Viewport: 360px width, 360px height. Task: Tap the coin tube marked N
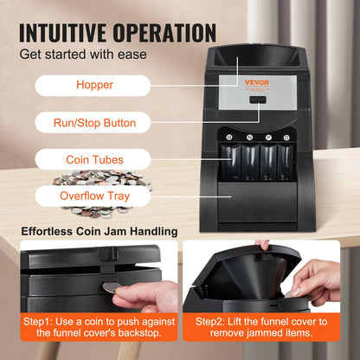(x=248, y=160)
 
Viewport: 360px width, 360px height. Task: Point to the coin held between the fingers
(x=112, y=286)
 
